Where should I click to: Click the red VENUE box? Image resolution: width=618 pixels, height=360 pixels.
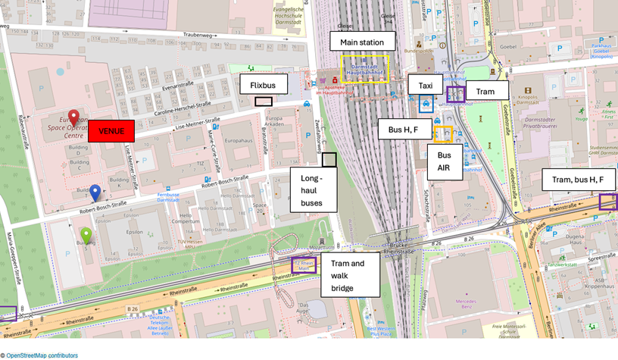click(111, 131)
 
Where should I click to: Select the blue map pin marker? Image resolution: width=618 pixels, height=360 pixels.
click(95, 192)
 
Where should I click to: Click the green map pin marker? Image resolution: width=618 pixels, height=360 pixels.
click(86, 235)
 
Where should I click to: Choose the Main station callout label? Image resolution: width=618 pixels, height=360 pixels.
click(357, 42)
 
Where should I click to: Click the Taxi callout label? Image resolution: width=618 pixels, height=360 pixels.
click(426, 85)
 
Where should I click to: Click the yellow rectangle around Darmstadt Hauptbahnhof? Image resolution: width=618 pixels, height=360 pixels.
click(364, 68)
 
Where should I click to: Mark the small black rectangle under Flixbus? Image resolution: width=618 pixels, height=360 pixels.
click(264, 102)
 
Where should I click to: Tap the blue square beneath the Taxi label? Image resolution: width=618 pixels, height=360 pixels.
click(426, 104)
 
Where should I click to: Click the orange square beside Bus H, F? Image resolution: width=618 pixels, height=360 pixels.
click(443, 135)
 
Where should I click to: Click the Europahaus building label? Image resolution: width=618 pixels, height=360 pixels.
click(238, 140)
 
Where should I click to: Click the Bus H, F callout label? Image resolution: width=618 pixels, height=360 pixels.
click(405, 130)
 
